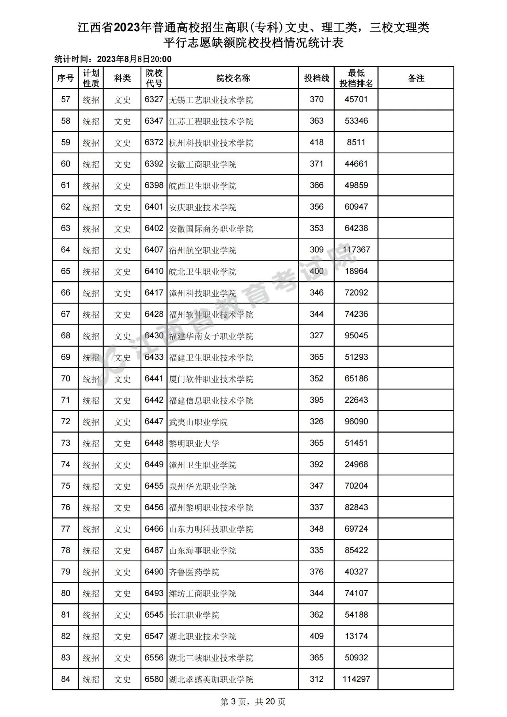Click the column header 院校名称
pos(233,78)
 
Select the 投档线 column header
pos(316,78)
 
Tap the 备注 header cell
pos(416,78)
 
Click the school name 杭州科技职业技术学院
pos(211,143)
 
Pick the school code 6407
pos(154,250)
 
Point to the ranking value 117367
pos(356,250)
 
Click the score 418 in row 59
pos(316,143)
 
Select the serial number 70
pos(65,379)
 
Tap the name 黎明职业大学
pos(194,443)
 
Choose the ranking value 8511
pos(356,143)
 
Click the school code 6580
pos(154,679)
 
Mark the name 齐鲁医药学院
pos(194,572)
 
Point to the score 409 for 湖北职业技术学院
pos(316,636)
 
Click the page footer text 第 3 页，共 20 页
pos(253,702)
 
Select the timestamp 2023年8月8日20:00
pos(134,59)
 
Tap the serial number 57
pos(65,99)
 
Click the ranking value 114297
pos(356,679)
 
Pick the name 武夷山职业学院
pos(198,422)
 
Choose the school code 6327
pos(154,99)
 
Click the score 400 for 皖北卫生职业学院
pos(316,271)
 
